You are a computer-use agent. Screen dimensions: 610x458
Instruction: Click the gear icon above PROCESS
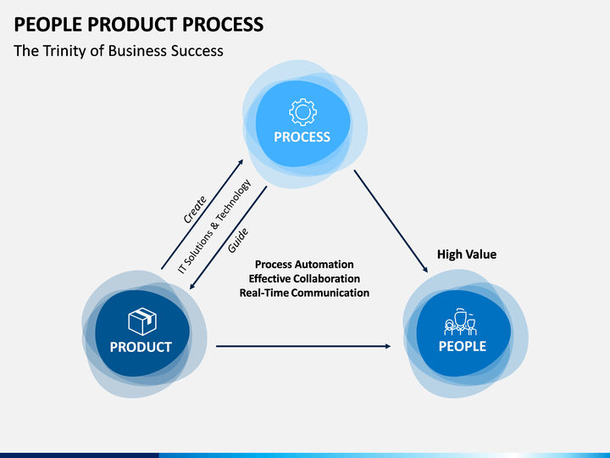click(302, 112)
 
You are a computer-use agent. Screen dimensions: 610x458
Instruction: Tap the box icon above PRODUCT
click(142, 321)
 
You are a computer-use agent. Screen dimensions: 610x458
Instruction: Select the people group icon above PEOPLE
click(461, 322)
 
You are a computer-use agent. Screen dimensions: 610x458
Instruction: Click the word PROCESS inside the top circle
click(302, 137)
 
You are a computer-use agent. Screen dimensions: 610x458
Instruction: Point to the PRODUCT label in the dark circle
click(141, 347)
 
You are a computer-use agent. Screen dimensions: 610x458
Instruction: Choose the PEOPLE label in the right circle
click(463, 346)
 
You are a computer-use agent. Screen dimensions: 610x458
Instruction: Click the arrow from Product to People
click(303, 346)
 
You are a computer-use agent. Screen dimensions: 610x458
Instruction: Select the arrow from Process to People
click(391, 221)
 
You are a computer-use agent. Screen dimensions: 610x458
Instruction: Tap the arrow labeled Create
click(202, 215)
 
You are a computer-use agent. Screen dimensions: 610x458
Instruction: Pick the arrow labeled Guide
click(228, 238)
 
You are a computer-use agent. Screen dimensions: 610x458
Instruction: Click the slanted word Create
click(195, 210)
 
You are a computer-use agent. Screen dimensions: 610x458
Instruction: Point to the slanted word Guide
click(238, 241)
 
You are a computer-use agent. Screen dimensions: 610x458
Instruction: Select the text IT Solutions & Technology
click(214, 226)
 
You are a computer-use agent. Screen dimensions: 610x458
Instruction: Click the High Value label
click(467, 254)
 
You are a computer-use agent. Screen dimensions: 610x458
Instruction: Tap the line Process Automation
click(304, 265)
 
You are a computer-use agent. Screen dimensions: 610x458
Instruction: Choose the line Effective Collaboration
click(304, 278)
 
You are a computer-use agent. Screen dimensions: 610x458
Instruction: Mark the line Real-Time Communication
click(304, 293)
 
